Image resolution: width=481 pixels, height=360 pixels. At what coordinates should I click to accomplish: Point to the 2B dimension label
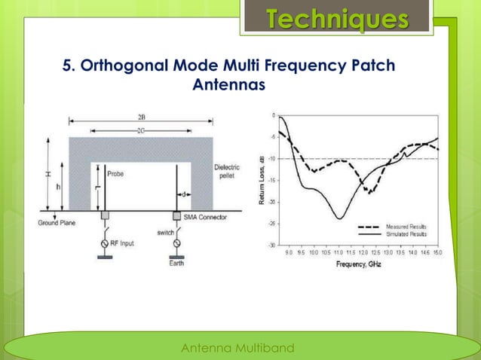tap(142, 117)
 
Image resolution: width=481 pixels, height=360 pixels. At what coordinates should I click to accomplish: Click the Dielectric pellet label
tap(228, 172)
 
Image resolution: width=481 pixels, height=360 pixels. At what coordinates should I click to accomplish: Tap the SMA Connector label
tap(208, 216)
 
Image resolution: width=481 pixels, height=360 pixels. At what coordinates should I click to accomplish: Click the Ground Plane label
tap(57, 222)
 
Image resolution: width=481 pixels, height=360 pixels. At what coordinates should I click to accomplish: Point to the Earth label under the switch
tap(177, 264)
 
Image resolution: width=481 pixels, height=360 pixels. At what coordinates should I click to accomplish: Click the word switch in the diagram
tap(164, 233)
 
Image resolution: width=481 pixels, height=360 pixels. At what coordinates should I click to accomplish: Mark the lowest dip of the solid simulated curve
tap(340, 219)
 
